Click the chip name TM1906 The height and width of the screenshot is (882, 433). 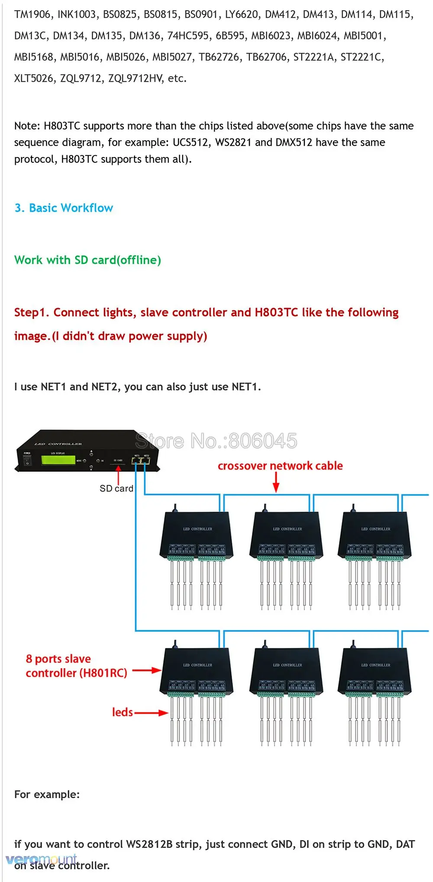32,15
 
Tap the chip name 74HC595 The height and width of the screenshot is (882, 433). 188,36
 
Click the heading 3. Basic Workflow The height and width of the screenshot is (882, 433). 64,208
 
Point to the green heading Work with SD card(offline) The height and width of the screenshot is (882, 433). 87,260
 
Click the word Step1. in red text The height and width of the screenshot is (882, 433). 31,312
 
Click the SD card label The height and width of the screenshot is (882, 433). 116,489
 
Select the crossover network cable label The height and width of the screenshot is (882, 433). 280,466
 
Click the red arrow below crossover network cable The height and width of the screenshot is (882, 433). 276,482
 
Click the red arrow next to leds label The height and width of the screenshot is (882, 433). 151,713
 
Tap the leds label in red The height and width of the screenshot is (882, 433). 122,712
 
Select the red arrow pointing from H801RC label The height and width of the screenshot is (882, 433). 147,671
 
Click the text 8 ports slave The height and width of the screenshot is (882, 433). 58,659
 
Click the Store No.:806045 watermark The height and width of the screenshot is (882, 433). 216,441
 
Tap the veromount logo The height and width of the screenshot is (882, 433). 41,859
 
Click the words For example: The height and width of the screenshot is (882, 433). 47,795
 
